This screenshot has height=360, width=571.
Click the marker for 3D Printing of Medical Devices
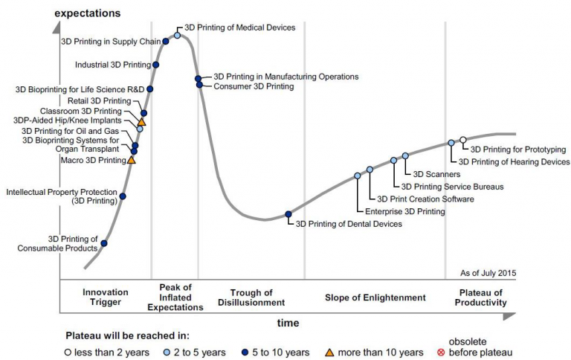click(x=177, y=35)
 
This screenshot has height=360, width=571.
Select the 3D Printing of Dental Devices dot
click(x=288, y=216)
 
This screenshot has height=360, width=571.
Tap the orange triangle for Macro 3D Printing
click(x=132, y=159)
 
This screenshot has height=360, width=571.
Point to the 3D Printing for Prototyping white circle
click(x=463, y=140)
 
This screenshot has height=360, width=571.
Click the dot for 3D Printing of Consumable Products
click(x=104, y=243)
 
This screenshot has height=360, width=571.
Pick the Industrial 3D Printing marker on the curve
click(x=155, y=65)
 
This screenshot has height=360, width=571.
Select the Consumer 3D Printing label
click(x=254, y=87)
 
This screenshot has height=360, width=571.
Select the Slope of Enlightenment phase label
click(x=375, y=298)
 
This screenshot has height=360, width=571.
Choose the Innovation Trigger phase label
click(x=106, y=298)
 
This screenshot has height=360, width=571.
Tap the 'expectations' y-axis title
click(x=87, y=13)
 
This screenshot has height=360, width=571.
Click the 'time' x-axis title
click(x=288, y=323)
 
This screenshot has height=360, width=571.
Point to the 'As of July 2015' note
click(x=488, y=273)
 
